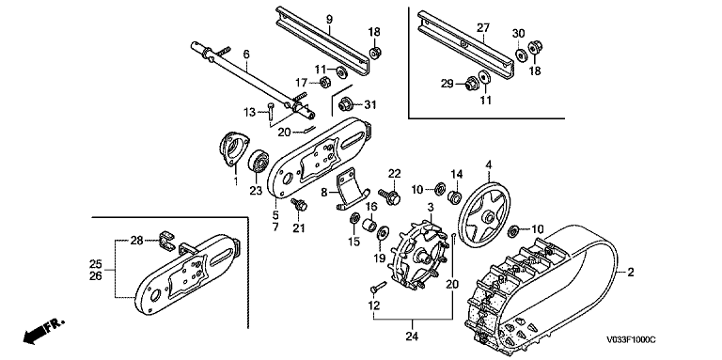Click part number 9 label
329,20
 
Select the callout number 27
483,27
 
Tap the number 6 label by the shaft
246,55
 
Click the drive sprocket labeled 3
418,254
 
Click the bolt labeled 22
389,196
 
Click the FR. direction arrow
42,331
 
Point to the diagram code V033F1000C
631,340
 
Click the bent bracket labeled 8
351,189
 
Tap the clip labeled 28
166,243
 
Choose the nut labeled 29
471,85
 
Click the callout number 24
412,337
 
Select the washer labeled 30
520,55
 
